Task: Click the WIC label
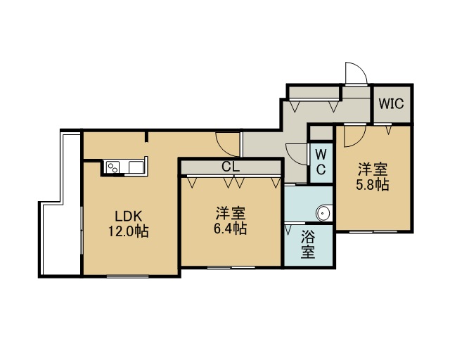[x=391, y=103]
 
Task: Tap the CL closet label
[x=231, y=167]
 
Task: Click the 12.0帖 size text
[x=128, y=231]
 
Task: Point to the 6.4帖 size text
[x=230, y=229]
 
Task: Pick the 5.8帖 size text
[x=373, y=185]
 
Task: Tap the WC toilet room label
[x=321, y=162]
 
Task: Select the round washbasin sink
[x=323, y=213]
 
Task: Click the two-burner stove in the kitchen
[x=112, y=167]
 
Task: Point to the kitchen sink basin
[x=136, y=167]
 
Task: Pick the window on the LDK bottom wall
[x=128, y=276]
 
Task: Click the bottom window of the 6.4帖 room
[x=231, y=268]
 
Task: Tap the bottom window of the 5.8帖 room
[x=373, y=231]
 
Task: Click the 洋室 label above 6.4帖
[x=230, y=214]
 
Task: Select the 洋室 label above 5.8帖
[x=373, y=169]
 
